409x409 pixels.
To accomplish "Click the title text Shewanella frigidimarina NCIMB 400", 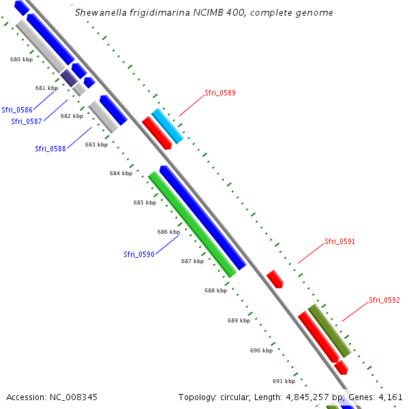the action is (204, 13).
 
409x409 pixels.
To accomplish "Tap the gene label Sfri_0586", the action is (17, 109).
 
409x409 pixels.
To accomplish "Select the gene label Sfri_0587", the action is (27, 121).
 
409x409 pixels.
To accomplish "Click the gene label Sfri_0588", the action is (50, 149).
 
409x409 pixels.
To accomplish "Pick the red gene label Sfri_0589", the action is (220, 93).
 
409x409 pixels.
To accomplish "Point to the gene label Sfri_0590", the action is (139, 254).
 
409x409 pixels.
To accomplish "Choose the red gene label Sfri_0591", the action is (339, 241).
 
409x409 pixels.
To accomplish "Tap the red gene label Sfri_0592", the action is (384, 300).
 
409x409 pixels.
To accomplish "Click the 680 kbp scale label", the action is (21, 60).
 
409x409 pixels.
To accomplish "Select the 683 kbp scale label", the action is (96, 145).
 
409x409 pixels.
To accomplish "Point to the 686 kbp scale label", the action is (168, 232).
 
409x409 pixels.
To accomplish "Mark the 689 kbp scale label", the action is (239, 320).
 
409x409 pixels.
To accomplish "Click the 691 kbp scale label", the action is (284, 381).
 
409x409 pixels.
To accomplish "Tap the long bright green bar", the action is (192, 224).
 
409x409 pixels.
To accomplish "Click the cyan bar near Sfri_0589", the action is (167, 126).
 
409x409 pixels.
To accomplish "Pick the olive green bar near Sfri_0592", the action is (329, 331).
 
